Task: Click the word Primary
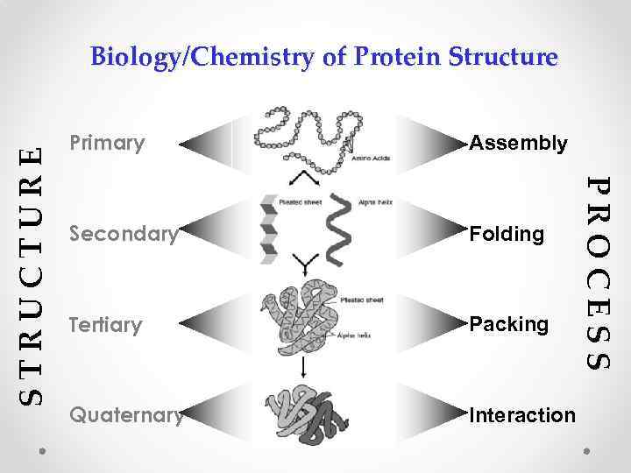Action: pyautogui.click(x=107, y=143)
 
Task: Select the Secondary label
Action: pyautogui.click(x=124, y=235)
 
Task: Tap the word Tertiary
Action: pyautogui.click(x=105, y=326)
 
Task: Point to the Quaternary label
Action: pyautogui.click(x=126, y=414)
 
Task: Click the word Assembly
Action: pyautogui.click(x=519, y=143)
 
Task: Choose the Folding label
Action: pyautogui.click(x=507, y=235)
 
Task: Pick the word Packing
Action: pyautogui.click(x=510, y=326)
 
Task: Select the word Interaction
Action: pyautogui.click(x=523, y=414)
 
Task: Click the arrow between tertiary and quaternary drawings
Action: pyautogui.click(x=303, y=367)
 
